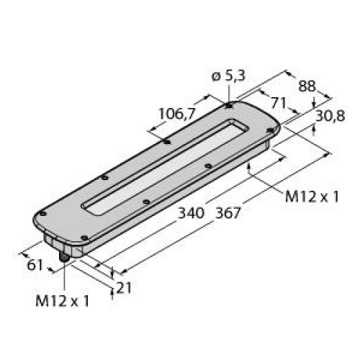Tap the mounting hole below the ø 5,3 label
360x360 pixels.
point(229,106)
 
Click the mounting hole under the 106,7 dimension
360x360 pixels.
point(167,142)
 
